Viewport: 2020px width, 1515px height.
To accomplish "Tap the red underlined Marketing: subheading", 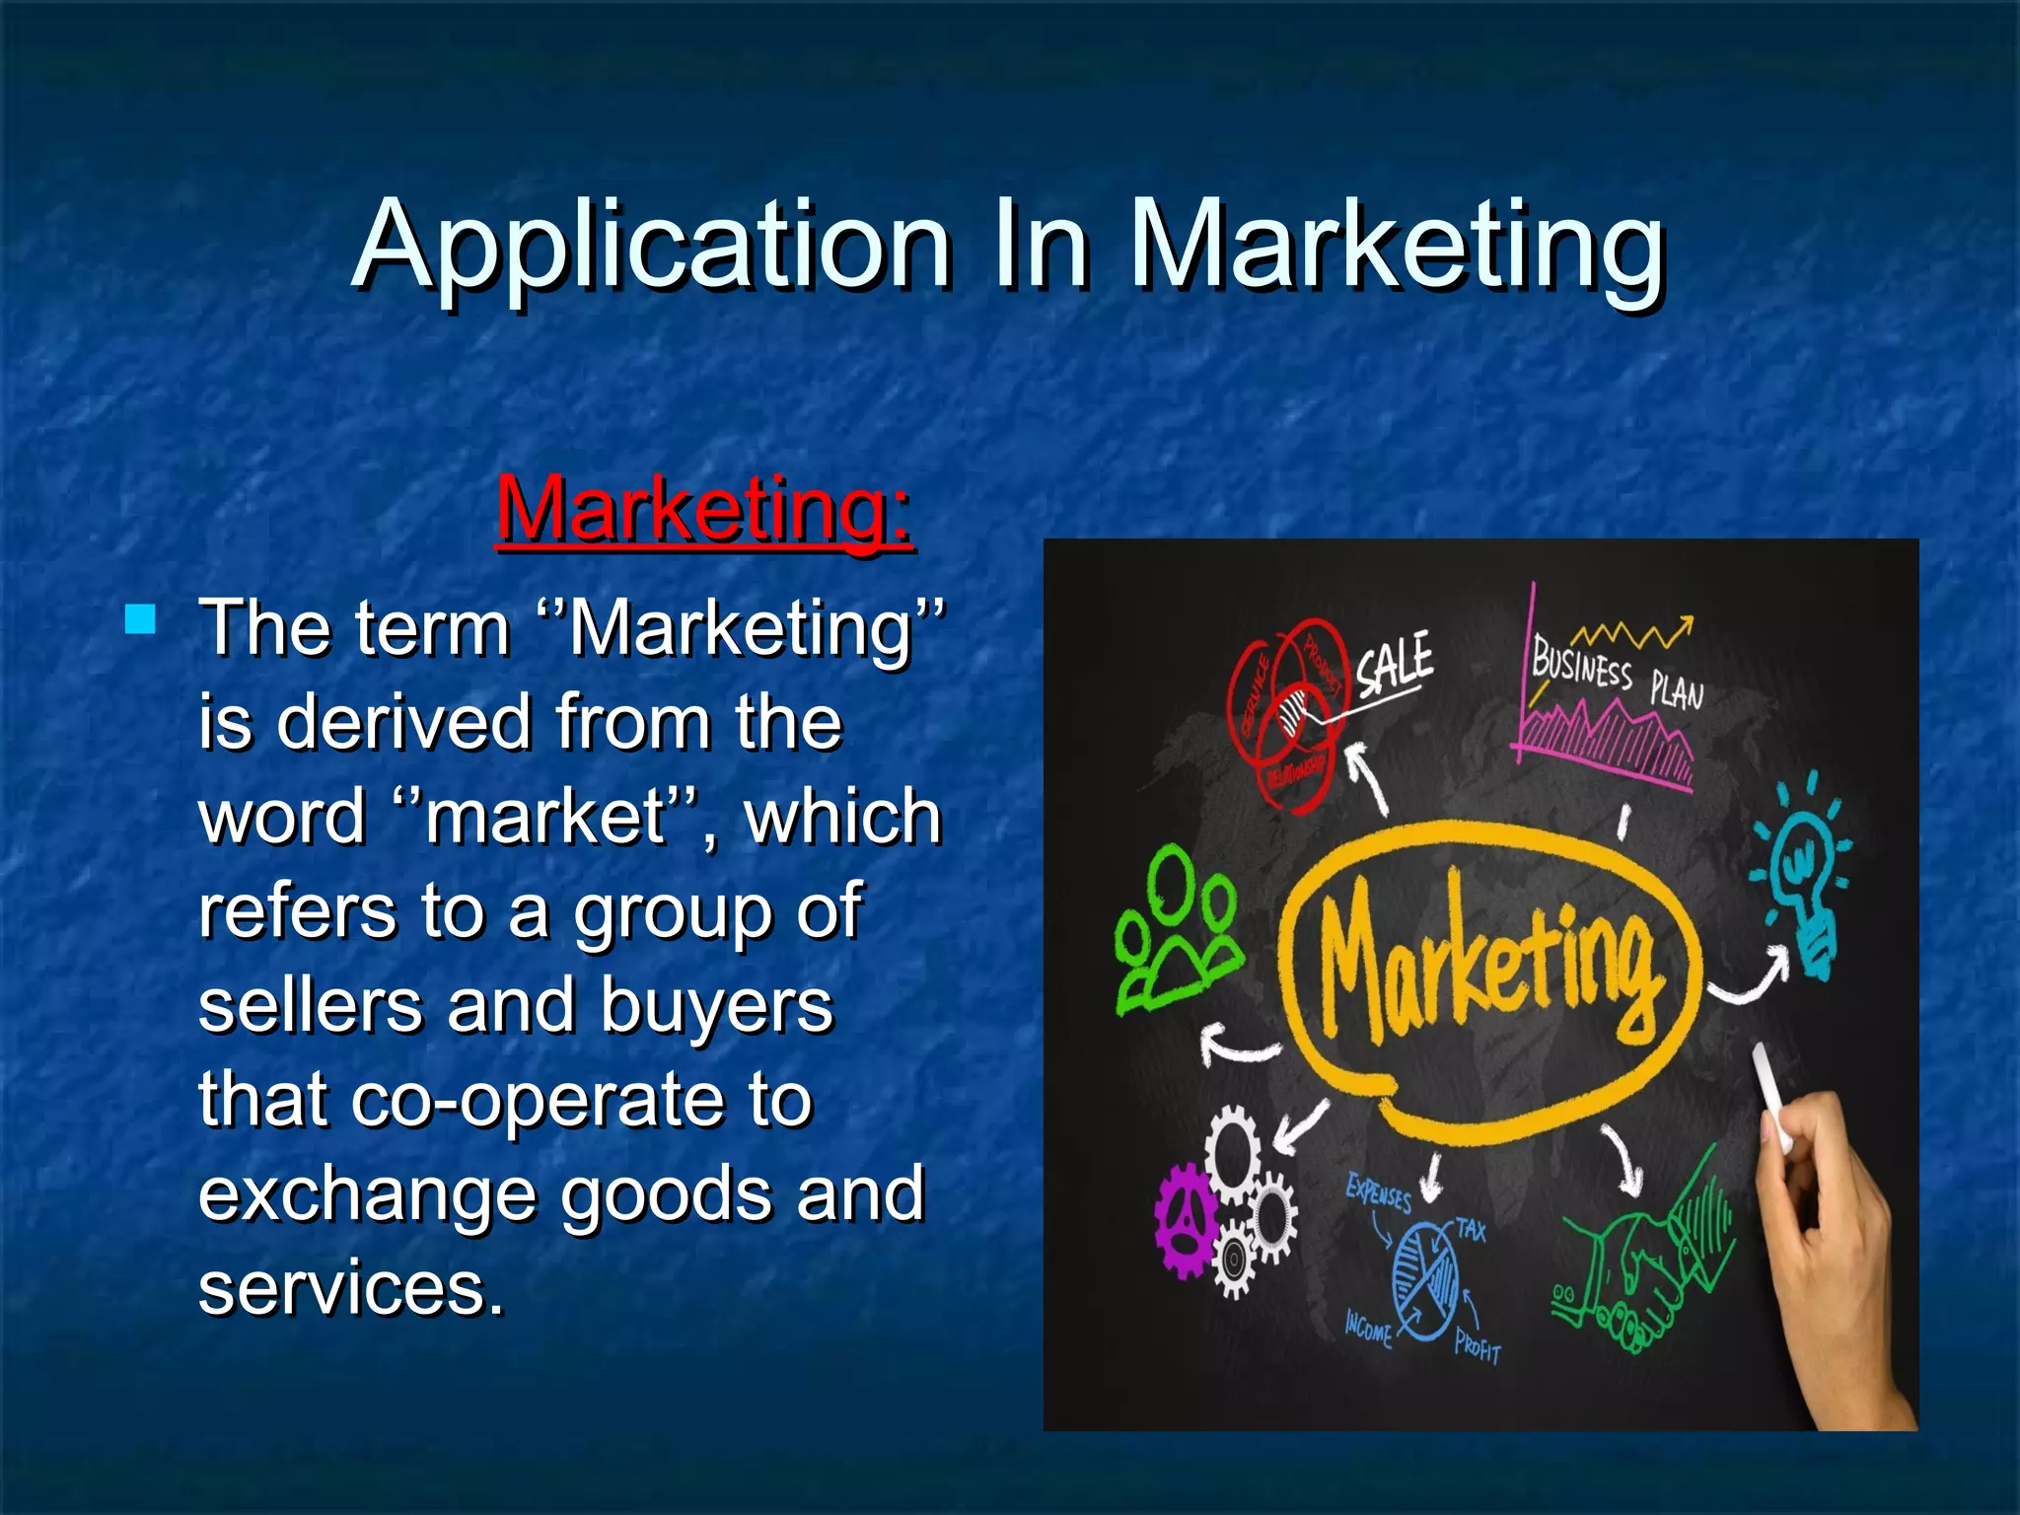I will (704, 510).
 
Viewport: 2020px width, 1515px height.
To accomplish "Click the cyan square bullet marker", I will (141, 619).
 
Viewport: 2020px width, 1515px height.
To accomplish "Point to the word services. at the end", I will (351, 1288).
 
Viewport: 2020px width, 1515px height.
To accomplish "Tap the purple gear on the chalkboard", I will (1188, 1220).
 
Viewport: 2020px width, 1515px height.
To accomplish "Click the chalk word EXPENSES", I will (1379, 1195).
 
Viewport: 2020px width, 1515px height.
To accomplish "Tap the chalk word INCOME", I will (1369, 1331).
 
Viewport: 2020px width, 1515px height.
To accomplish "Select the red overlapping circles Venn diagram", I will (1282, 710).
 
